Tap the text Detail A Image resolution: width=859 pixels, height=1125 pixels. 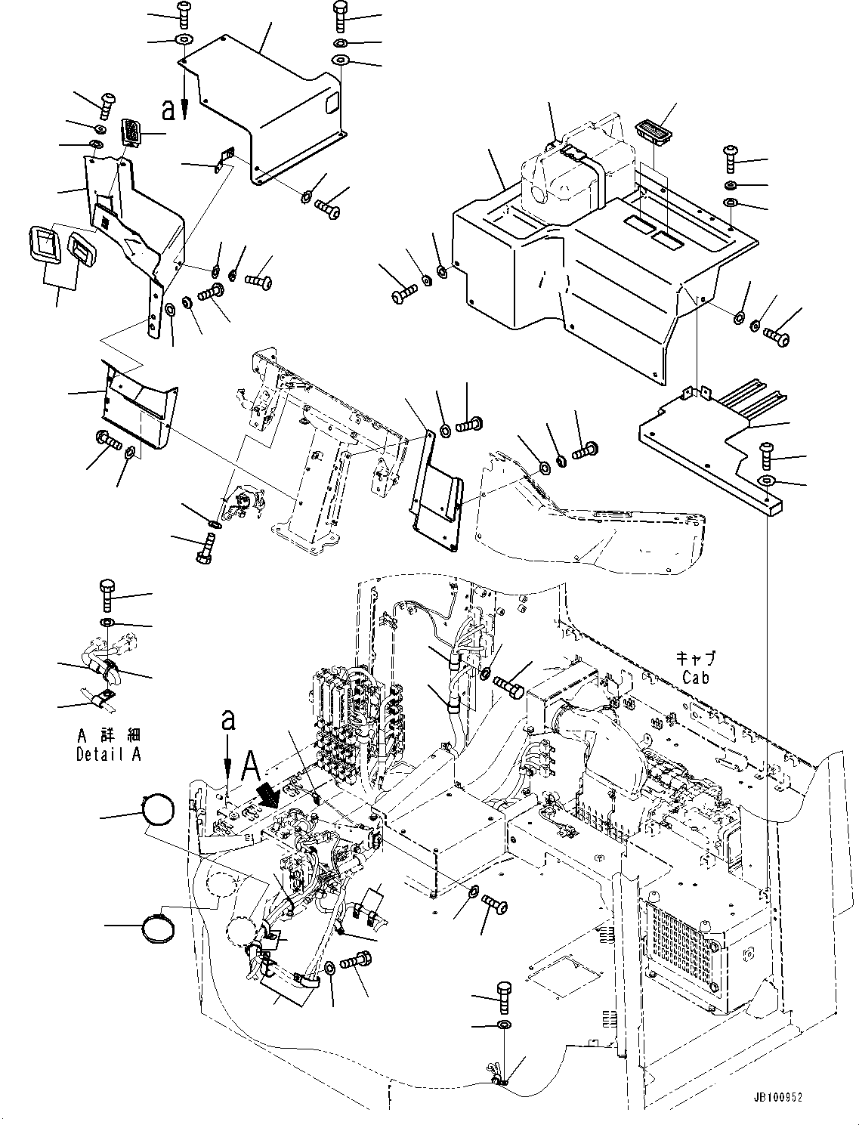click(x=108, y=753)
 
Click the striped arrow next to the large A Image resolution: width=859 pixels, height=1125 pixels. click(x=267, y=793)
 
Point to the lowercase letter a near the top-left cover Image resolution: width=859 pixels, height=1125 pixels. click(x=168, y=110)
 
